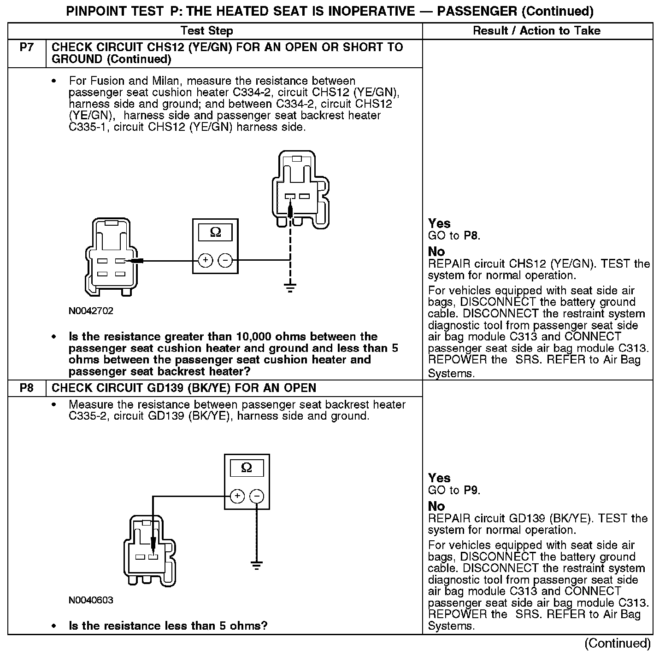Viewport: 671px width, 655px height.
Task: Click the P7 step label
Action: coord(27,47)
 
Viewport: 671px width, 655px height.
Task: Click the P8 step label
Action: coord(27,388)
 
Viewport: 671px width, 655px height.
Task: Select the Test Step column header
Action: coord(207,31)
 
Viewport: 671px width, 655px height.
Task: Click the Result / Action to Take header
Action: coord(537,31)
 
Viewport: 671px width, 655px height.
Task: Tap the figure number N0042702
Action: coord(91,311)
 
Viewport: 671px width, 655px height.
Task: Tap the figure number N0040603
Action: coord(91,600)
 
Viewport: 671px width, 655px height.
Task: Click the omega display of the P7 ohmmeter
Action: coord(215,233)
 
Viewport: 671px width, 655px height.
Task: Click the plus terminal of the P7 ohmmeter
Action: coord(205,261)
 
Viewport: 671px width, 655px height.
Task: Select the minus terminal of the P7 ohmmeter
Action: coord(225,261)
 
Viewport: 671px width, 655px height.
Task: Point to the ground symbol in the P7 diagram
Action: coord(290,288)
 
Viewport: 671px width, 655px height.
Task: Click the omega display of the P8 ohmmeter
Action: coord(247,468)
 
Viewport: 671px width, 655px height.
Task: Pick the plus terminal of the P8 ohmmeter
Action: coord(237,496)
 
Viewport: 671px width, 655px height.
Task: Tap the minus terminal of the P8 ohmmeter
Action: coord(257,496)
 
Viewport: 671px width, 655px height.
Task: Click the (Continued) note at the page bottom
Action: coord(618,643)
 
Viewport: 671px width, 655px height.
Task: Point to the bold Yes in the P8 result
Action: coord(439,478)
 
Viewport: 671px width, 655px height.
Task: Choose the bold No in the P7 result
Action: coord(436,251)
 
